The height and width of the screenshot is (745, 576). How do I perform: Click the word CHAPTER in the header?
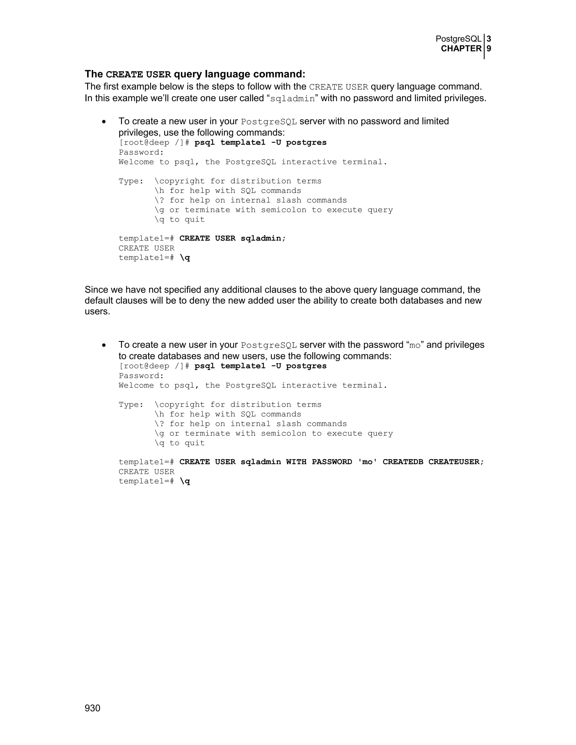pyautogui.click(x=461, y=49)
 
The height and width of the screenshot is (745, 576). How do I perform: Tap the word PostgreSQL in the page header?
pyautogui.click(x=458, y=39)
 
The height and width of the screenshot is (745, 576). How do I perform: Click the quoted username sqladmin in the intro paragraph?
pyautogui.click(x=292, y=99)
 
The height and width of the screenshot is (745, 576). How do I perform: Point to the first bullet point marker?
pyautogui.click(x=104, y=122)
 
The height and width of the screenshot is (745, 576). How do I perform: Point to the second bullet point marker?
pyautogui.click(x=104, y=345)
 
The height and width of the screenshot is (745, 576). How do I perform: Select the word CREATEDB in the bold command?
pyautogui.click(x=403, y=462)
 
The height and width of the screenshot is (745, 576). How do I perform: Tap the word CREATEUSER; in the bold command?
pyautogui.click(x=456, y=462)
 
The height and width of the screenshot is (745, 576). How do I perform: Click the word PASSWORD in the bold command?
pyautogui.click(x=332, y=462)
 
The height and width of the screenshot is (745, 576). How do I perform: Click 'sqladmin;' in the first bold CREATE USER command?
pyautogui.click(x=263, y=238)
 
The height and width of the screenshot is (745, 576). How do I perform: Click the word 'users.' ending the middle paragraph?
pyautogui.click(x=97, y=311)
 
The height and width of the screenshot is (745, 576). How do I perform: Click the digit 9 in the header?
pyautogui.click(x=489, y=49)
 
